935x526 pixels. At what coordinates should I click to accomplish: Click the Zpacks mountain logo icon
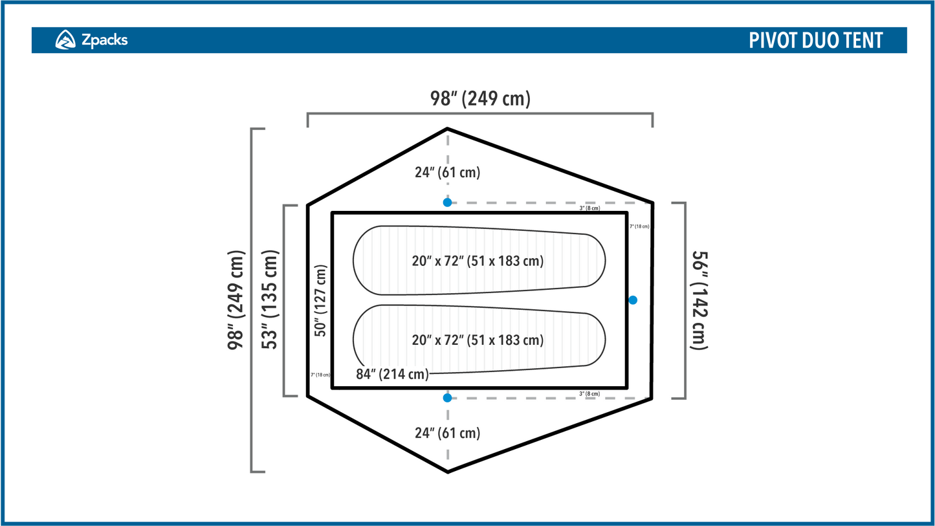[65, 40]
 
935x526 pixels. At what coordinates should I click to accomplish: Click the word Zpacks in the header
[104, 40]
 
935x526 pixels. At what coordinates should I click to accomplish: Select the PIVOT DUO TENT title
[815, 40]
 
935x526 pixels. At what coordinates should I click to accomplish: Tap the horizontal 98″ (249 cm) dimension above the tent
[480, 98]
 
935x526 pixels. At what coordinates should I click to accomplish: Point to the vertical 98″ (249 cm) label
[236, 300]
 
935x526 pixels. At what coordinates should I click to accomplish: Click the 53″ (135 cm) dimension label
[270, 300]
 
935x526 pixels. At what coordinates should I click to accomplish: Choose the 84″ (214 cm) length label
[392, 374]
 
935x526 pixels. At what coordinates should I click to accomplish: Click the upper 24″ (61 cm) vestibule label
[447, 173]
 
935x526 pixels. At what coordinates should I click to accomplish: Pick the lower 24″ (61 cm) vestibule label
[447, 433]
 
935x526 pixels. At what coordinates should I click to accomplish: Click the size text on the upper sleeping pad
[478, 261]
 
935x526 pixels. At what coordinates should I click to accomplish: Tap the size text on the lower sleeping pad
[478, 340]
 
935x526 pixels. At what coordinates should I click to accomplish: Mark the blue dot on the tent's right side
[633, 300]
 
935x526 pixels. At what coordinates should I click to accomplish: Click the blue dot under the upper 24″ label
[447, 203]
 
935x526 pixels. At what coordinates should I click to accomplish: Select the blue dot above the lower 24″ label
[447, 398]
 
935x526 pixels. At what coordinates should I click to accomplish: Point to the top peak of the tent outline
[447, 129]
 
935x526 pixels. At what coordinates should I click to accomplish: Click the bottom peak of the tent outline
[447, 471]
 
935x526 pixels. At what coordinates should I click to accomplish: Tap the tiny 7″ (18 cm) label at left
[320, 375]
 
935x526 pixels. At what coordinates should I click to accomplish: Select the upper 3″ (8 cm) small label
[589, 208]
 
